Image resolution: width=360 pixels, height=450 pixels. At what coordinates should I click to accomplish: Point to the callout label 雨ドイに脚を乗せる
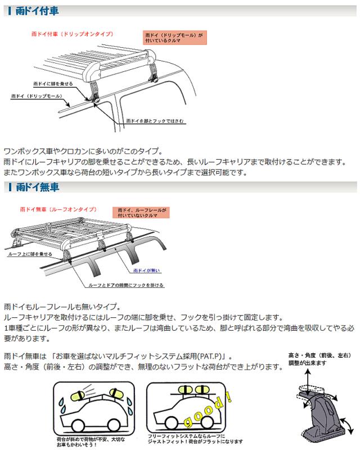click(53, 83)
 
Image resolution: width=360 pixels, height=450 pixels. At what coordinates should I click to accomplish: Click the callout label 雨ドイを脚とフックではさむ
click(154, 120)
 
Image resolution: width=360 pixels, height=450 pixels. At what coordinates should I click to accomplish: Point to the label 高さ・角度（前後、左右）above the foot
click(318, 357)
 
